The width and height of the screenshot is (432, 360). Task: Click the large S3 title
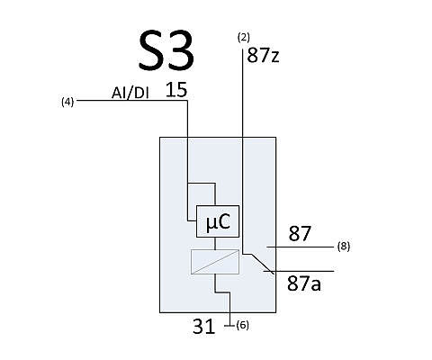coord(166,50)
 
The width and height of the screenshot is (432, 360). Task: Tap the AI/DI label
coord(130,94)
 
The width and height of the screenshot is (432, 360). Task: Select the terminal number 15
coord(176,90)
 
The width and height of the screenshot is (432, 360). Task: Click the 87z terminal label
coord(263,55)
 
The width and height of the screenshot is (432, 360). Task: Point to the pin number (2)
coord(243,38)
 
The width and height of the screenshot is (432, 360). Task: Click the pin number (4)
coord(67,102)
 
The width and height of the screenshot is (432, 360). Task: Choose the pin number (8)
coord(344,247)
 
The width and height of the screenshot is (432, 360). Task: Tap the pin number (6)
coord(242,325)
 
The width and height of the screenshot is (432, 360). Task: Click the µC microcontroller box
coord(218,221)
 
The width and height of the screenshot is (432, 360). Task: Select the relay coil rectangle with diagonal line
coord(215,262)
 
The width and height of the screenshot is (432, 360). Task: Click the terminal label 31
coord(203,327)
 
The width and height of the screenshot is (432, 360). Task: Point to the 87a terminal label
coord(304,283)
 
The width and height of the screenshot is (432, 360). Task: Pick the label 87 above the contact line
coord(300,234)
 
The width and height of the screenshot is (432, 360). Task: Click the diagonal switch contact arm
coord(263,264)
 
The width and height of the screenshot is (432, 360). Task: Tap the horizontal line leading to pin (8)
coord(301,247)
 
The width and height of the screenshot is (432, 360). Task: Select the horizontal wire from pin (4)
coord(132,100)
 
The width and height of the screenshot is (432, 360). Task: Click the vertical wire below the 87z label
coord(243,151)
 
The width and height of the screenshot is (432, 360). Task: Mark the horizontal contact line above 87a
coord(299,271)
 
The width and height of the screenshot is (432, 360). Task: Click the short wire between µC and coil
coord(215,243)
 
